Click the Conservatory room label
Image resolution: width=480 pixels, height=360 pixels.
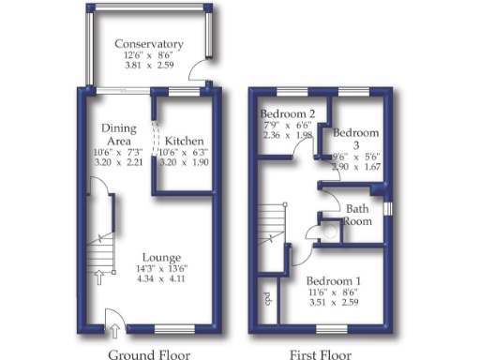[148, 44]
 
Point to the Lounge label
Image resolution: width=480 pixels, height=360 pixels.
[161, 257]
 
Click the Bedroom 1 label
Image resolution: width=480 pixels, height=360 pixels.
[333, 281]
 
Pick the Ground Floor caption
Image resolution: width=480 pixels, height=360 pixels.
[149, 354]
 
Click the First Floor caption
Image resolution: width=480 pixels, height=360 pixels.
[321, 354]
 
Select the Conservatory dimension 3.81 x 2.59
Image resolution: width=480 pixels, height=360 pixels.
[148, 67]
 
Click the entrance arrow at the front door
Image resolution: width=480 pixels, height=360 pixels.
[114, 329]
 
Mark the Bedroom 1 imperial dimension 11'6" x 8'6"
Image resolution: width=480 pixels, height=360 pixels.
[333, 292]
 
